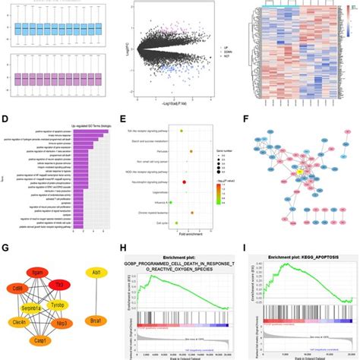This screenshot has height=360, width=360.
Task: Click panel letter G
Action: pyautogui.click(x=6, y=247)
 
